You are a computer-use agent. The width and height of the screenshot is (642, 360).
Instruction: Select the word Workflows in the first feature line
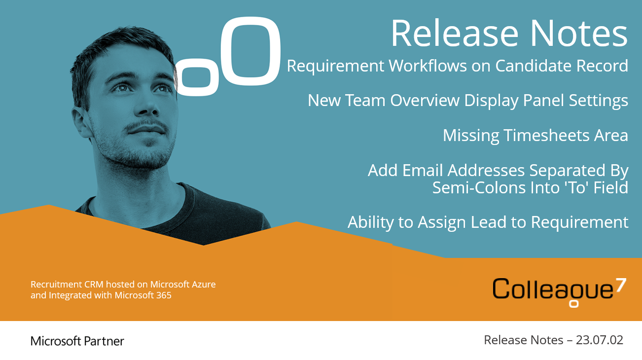click(428, 66)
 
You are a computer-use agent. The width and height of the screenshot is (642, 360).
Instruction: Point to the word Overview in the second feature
click(425, 100)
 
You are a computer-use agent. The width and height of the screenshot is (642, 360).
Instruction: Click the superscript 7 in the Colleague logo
click(621, 285)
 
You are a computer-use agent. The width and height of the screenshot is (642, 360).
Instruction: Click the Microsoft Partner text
click(77, 341)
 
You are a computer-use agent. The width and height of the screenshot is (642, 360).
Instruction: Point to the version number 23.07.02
click(599, 340)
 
